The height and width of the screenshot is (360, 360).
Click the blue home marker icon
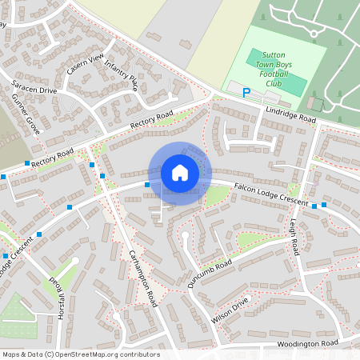click(180, 173)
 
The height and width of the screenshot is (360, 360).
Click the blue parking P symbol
click(246, 93)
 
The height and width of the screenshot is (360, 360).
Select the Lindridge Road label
click(292, 114)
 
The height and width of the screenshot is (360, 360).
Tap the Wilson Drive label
click(231, 310)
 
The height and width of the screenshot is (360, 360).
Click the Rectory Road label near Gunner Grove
click(54, 156)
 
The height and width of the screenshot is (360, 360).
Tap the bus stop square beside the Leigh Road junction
click(314, 206)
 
